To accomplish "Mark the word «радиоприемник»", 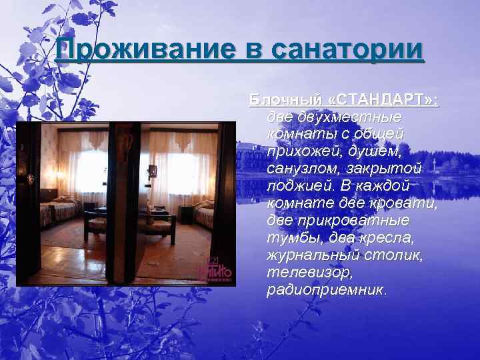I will pyautogui.click(x=325, y=290).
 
